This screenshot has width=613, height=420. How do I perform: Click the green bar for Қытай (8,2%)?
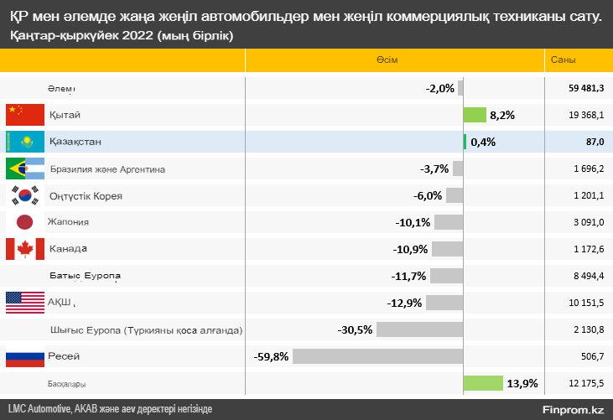pyautogui.click(x=475, y=115)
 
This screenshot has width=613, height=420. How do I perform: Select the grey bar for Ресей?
pyautogui.click(x=377, y=356)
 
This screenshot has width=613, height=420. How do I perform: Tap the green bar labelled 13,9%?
pyautogui.click(x=483, y=383)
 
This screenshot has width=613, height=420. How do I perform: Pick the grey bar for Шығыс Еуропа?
pyautogui.click(x=419, y=329)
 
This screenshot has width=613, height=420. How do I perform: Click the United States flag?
pyautogui.click(x=24, y=303)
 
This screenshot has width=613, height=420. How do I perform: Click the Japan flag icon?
pyautogui.click(x=24, y=222)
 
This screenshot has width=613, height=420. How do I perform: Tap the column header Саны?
pyautogui.click(x=563, y=60)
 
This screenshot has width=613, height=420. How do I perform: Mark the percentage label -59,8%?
pyautogui.click(x=271, y=356)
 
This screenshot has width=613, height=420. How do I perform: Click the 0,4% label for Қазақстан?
pyautogui.click(x=483, y=142)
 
